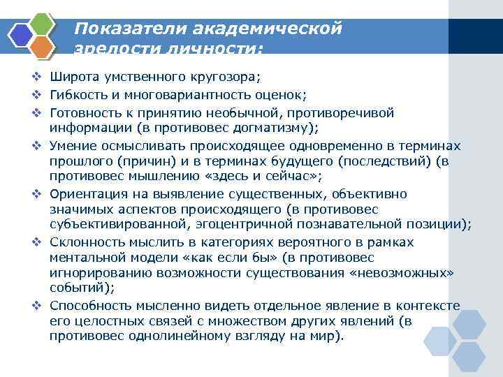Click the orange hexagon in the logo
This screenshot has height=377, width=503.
(43, 47)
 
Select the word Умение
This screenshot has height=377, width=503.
(75, 145)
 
